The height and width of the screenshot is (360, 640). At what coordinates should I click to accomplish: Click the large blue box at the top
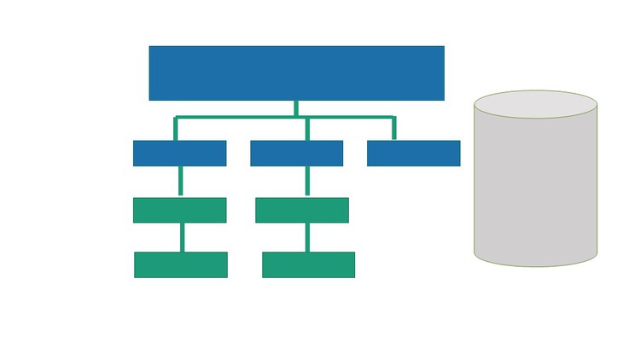(x=296, y=73)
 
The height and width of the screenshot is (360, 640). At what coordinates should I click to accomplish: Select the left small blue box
(x=179, y=153)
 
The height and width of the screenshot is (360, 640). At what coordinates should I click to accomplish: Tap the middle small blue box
(x=296, y=153)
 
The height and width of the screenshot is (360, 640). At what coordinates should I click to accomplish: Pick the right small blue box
(x=413, y=153)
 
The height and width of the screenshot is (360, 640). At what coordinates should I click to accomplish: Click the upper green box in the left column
(x=179, y=210)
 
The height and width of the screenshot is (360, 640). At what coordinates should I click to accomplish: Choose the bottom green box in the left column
(x=180, y=264)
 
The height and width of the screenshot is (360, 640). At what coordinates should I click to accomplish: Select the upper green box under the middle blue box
(x=301, y=210)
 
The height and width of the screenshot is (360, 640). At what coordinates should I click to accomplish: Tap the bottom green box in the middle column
(x=308, y=264)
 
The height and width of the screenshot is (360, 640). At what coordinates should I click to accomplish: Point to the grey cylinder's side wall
(x=535, y=188)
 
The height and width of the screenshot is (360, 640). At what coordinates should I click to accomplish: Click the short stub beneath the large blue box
(x=296, y=107)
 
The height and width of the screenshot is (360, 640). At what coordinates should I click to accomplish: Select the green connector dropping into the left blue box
(x=176, y=129)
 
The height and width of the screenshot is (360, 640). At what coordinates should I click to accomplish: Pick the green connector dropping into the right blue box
(x=393, y=129)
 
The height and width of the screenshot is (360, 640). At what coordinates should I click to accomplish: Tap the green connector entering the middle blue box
(x=307, y=129)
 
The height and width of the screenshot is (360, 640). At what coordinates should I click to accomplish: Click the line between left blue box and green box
(x=180, y=182)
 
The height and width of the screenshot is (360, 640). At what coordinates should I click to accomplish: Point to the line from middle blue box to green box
(x=307, y=182)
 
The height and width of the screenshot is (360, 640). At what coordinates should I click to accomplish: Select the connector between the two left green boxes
(x=182, y=237)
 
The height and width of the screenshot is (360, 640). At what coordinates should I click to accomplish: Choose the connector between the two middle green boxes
(x=308, y=237)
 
